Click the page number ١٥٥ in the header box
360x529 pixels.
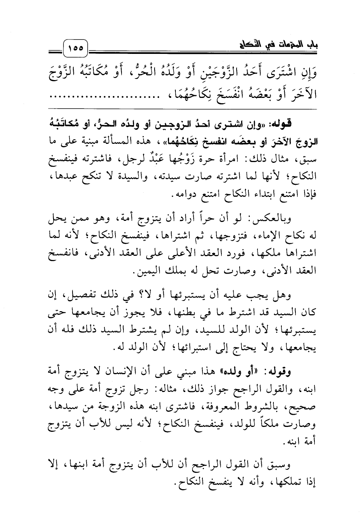pyautogui.click(x=76, y=49)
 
